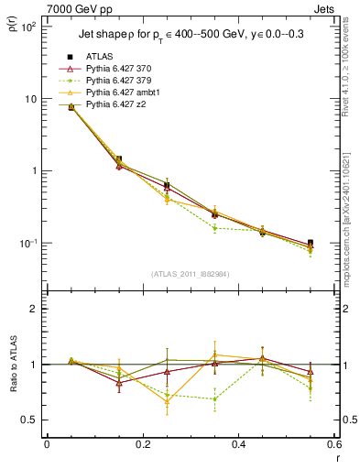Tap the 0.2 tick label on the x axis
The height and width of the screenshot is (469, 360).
[142, 446]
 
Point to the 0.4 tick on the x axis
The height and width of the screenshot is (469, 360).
[238, 446]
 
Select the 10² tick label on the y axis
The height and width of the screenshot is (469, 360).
[27, 27]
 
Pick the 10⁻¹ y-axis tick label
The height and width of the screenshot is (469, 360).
[27, 243]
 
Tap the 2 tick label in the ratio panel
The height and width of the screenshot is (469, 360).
[33, 309]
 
